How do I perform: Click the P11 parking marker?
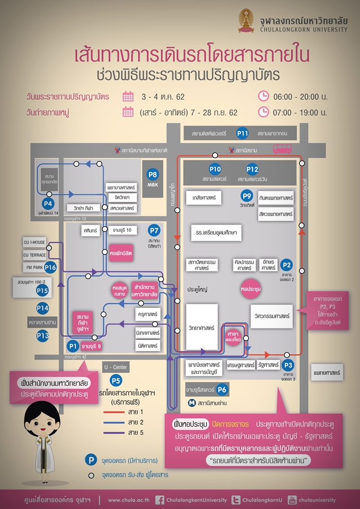pos(243,134)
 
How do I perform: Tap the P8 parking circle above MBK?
pos(152,174)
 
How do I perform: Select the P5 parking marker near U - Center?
pos(116,381)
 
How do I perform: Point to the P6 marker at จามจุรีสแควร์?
pos(222,389)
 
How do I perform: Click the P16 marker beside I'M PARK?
pos(50,267)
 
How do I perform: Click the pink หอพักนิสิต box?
pos(121,253)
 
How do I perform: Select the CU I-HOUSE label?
pos(34,242)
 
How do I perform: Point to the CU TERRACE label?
pos(34,255)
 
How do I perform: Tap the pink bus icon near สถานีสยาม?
pos(281,149)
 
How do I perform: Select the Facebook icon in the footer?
pos(160,500)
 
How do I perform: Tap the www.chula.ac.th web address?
pos(129,500)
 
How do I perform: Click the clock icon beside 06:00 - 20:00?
pos(263,96)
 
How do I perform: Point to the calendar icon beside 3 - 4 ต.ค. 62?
pos(128,96)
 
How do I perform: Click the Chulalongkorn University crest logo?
pos(246,21)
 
